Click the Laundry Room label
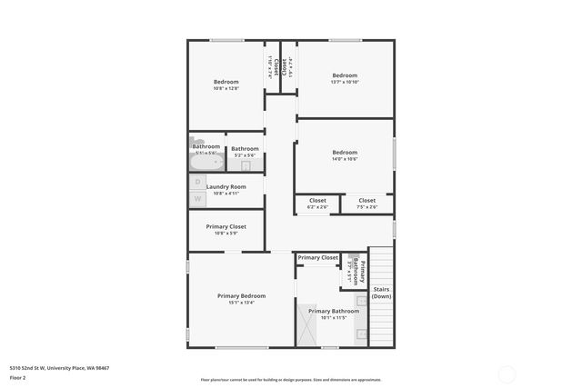[x=226, y=186]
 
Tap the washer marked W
[x=197, y=197]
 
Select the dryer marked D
[x=197, y=182]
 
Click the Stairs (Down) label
[x=382, y=293]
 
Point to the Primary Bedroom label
[x=241, y=296]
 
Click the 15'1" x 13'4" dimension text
[x=241, y=303]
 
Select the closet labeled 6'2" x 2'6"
[x=317, y=204]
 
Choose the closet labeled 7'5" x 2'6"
[x=366, y=204]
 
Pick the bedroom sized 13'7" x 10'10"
[x=345, y=78]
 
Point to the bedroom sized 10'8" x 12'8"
[x=226, y=85]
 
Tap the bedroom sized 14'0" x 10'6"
[x=345, y=155]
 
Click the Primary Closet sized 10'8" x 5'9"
[x=226, y=230]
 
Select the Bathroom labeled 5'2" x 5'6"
[x=245, y=152]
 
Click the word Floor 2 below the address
[x=17, y=376]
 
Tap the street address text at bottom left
[x=59, y=367]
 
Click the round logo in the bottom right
[x=508, y=373]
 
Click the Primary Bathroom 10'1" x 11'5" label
[x=334, y=314]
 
